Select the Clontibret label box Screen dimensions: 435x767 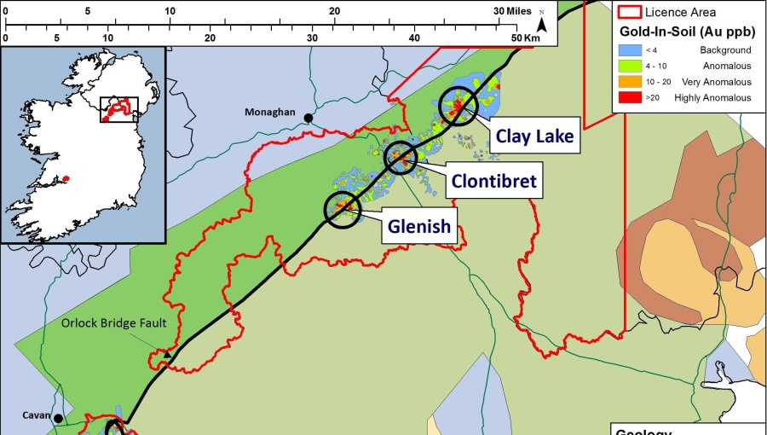(x=493, y=182)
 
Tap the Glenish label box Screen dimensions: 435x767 (x=418, y=227)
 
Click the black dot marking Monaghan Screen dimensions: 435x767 (x=308, y=119)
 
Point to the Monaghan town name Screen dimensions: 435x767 (x=269, y=112)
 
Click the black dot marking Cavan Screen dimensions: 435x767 (x=58, y=418)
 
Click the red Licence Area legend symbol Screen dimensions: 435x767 (x=628, y=12)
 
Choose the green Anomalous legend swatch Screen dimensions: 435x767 (x=629, y=67)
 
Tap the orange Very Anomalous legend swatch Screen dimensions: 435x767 (x=629, y=82)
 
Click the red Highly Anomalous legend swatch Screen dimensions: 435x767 (x=629, y=97)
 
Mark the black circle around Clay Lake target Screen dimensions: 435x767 (x=459, y=107)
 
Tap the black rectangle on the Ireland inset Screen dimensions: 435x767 (x=118, y=109)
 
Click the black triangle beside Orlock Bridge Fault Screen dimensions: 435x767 (x=168, y=353)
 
